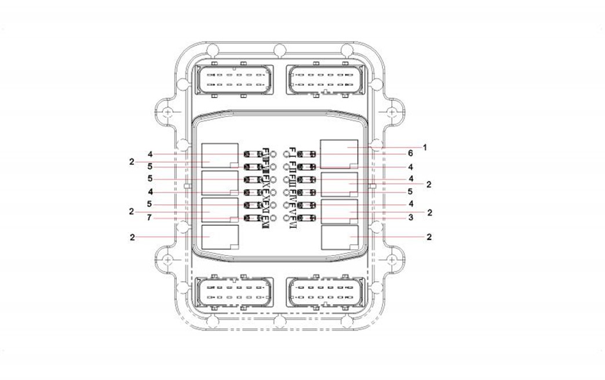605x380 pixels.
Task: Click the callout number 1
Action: tap(424, 147)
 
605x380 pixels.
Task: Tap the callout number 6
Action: tap(410, 154)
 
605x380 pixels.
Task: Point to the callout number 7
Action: tap(150, 219)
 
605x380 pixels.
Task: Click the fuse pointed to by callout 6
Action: tap(305, 154)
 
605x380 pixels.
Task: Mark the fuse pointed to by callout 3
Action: tap(305, 218)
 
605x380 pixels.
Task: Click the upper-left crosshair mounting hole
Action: tap(167, 111)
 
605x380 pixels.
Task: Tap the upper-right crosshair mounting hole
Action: tap(392, 111)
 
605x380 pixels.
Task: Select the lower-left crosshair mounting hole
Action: tap(167, 258)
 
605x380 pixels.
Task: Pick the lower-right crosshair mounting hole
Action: tap(392, 258)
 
